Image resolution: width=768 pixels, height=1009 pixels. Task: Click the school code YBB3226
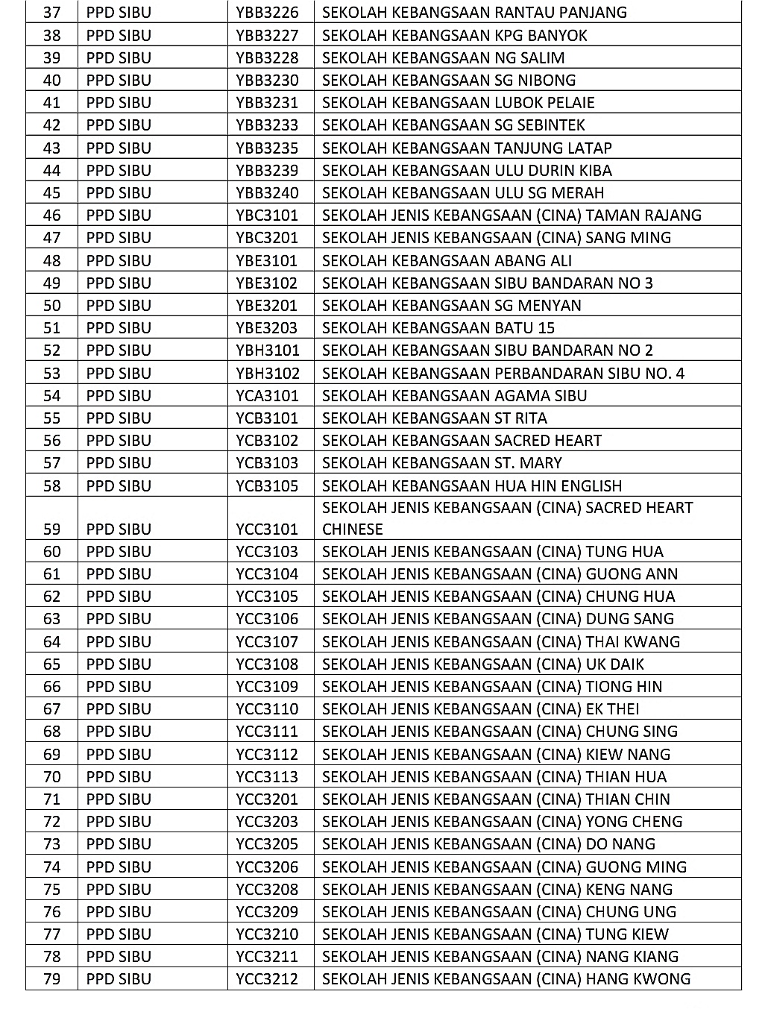[x=267, y=13]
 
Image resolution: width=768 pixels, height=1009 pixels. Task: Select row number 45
[x=51, y=193]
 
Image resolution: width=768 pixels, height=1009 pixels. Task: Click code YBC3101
[x=267, y=216]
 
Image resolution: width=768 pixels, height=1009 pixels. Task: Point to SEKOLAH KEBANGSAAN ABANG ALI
[x=447, y=261]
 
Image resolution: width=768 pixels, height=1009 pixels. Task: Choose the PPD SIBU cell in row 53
[x=119, y=374]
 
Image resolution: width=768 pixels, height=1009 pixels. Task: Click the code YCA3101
[x=267, y=396]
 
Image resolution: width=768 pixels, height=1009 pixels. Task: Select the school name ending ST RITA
[x=434, y=418]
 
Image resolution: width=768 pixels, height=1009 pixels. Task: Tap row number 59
[x=51, y=529]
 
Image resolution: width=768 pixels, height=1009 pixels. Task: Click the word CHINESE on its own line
[x=352, y=529]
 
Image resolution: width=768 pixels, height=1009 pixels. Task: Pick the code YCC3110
[x=267, y=709]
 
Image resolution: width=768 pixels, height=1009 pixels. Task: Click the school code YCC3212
[x=267, y=979]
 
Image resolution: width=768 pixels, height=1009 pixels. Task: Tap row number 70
[x=51, y=777]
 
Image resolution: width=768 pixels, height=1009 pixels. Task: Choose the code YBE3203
[x=267, y=328]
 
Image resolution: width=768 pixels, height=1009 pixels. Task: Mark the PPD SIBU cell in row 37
[x=119, y=13]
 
